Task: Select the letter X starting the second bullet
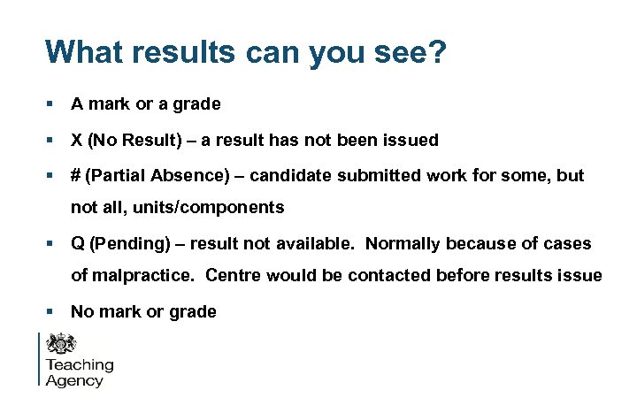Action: click(x=77, y=141)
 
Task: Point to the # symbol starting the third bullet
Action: click(x=77, y=176)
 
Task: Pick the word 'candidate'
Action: click(x=288, y=176)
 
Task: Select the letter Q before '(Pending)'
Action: click(x=78, y=243)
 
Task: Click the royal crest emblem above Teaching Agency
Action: click(x=61, y=344)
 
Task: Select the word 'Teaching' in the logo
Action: click(x=80, y=365)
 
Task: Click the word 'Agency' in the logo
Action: click(x=74, y=381)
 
